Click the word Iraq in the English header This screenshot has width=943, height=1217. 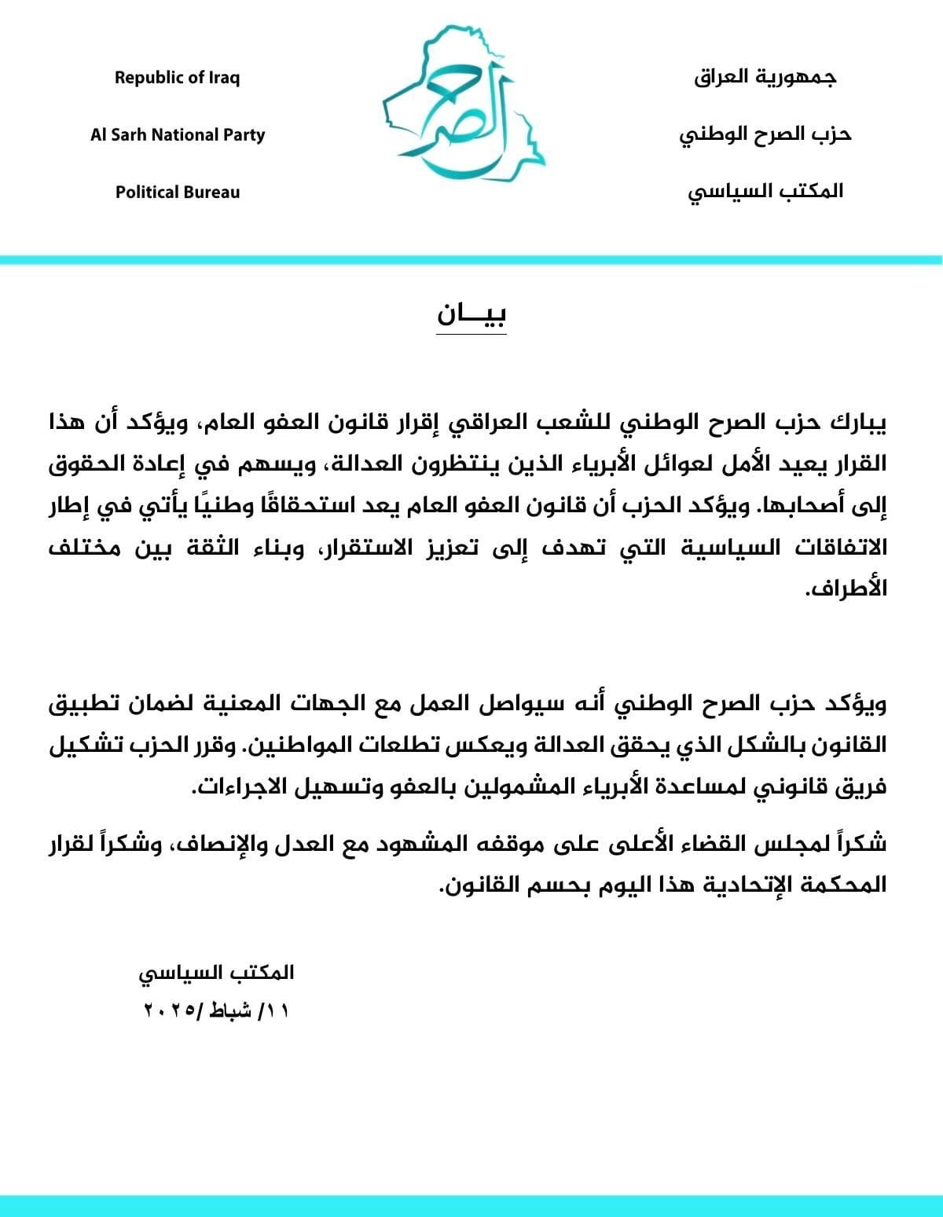(224, 78)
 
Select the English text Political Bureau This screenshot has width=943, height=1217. (178, 192)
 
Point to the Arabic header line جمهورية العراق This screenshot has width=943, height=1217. (765, 78)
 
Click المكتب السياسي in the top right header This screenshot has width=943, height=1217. (765, 191)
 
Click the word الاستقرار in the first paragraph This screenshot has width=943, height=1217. (372, 547)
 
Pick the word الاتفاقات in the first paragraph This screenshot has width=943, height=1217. (837, 547)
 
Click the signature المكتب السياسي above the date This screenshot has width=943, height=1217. (217, 972)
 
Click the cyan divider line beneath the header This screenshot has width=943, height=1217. (472, 259)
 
